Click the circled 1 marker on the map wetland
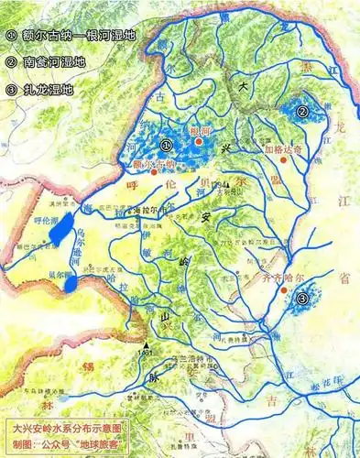click(x=166, y=144)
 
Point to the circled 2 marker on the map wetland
click(x=301, y=112)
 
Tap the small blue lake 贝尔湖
click(x=71, y=284)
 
